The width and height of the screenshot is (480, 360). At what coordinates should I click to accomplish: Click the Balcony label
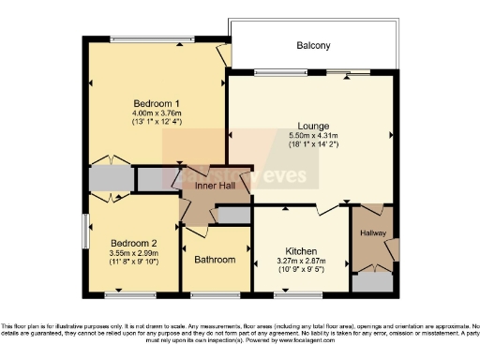314,45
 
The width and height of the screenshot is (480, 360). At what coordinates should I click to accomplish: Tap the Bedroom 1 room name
157,103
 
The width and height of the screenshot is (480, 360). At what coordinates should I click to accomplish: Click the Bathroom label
215,260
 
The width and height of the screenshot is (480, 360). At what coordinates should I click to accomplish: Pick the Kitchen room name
300,251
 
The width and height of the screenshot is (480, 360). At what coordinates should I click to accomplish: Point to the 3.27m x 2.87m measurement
300,262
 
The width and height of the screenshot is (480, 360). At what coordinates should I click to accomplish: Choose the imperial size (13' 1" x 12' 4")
157,122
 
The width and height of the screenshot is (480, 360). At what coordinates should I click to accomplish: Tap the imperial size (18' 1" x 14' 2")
312,144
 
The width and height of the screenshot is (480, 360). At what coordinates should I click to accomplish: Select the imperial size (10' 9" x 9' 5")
300,271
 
